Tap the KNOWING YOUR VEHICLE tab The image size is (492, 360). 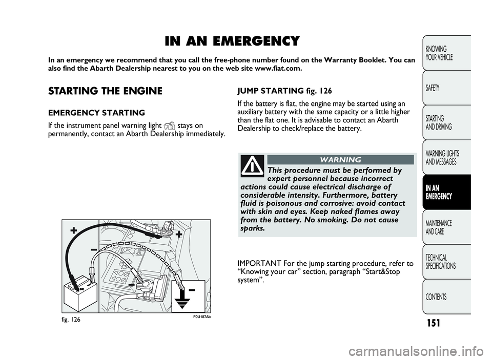tap(440, 53)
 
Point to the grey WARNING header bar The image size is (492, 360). tap(340, 160)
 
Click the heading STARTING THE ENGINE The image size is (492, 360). tap(105, 91)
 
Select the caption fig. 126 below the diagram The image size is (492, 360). tap(72, 318)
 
